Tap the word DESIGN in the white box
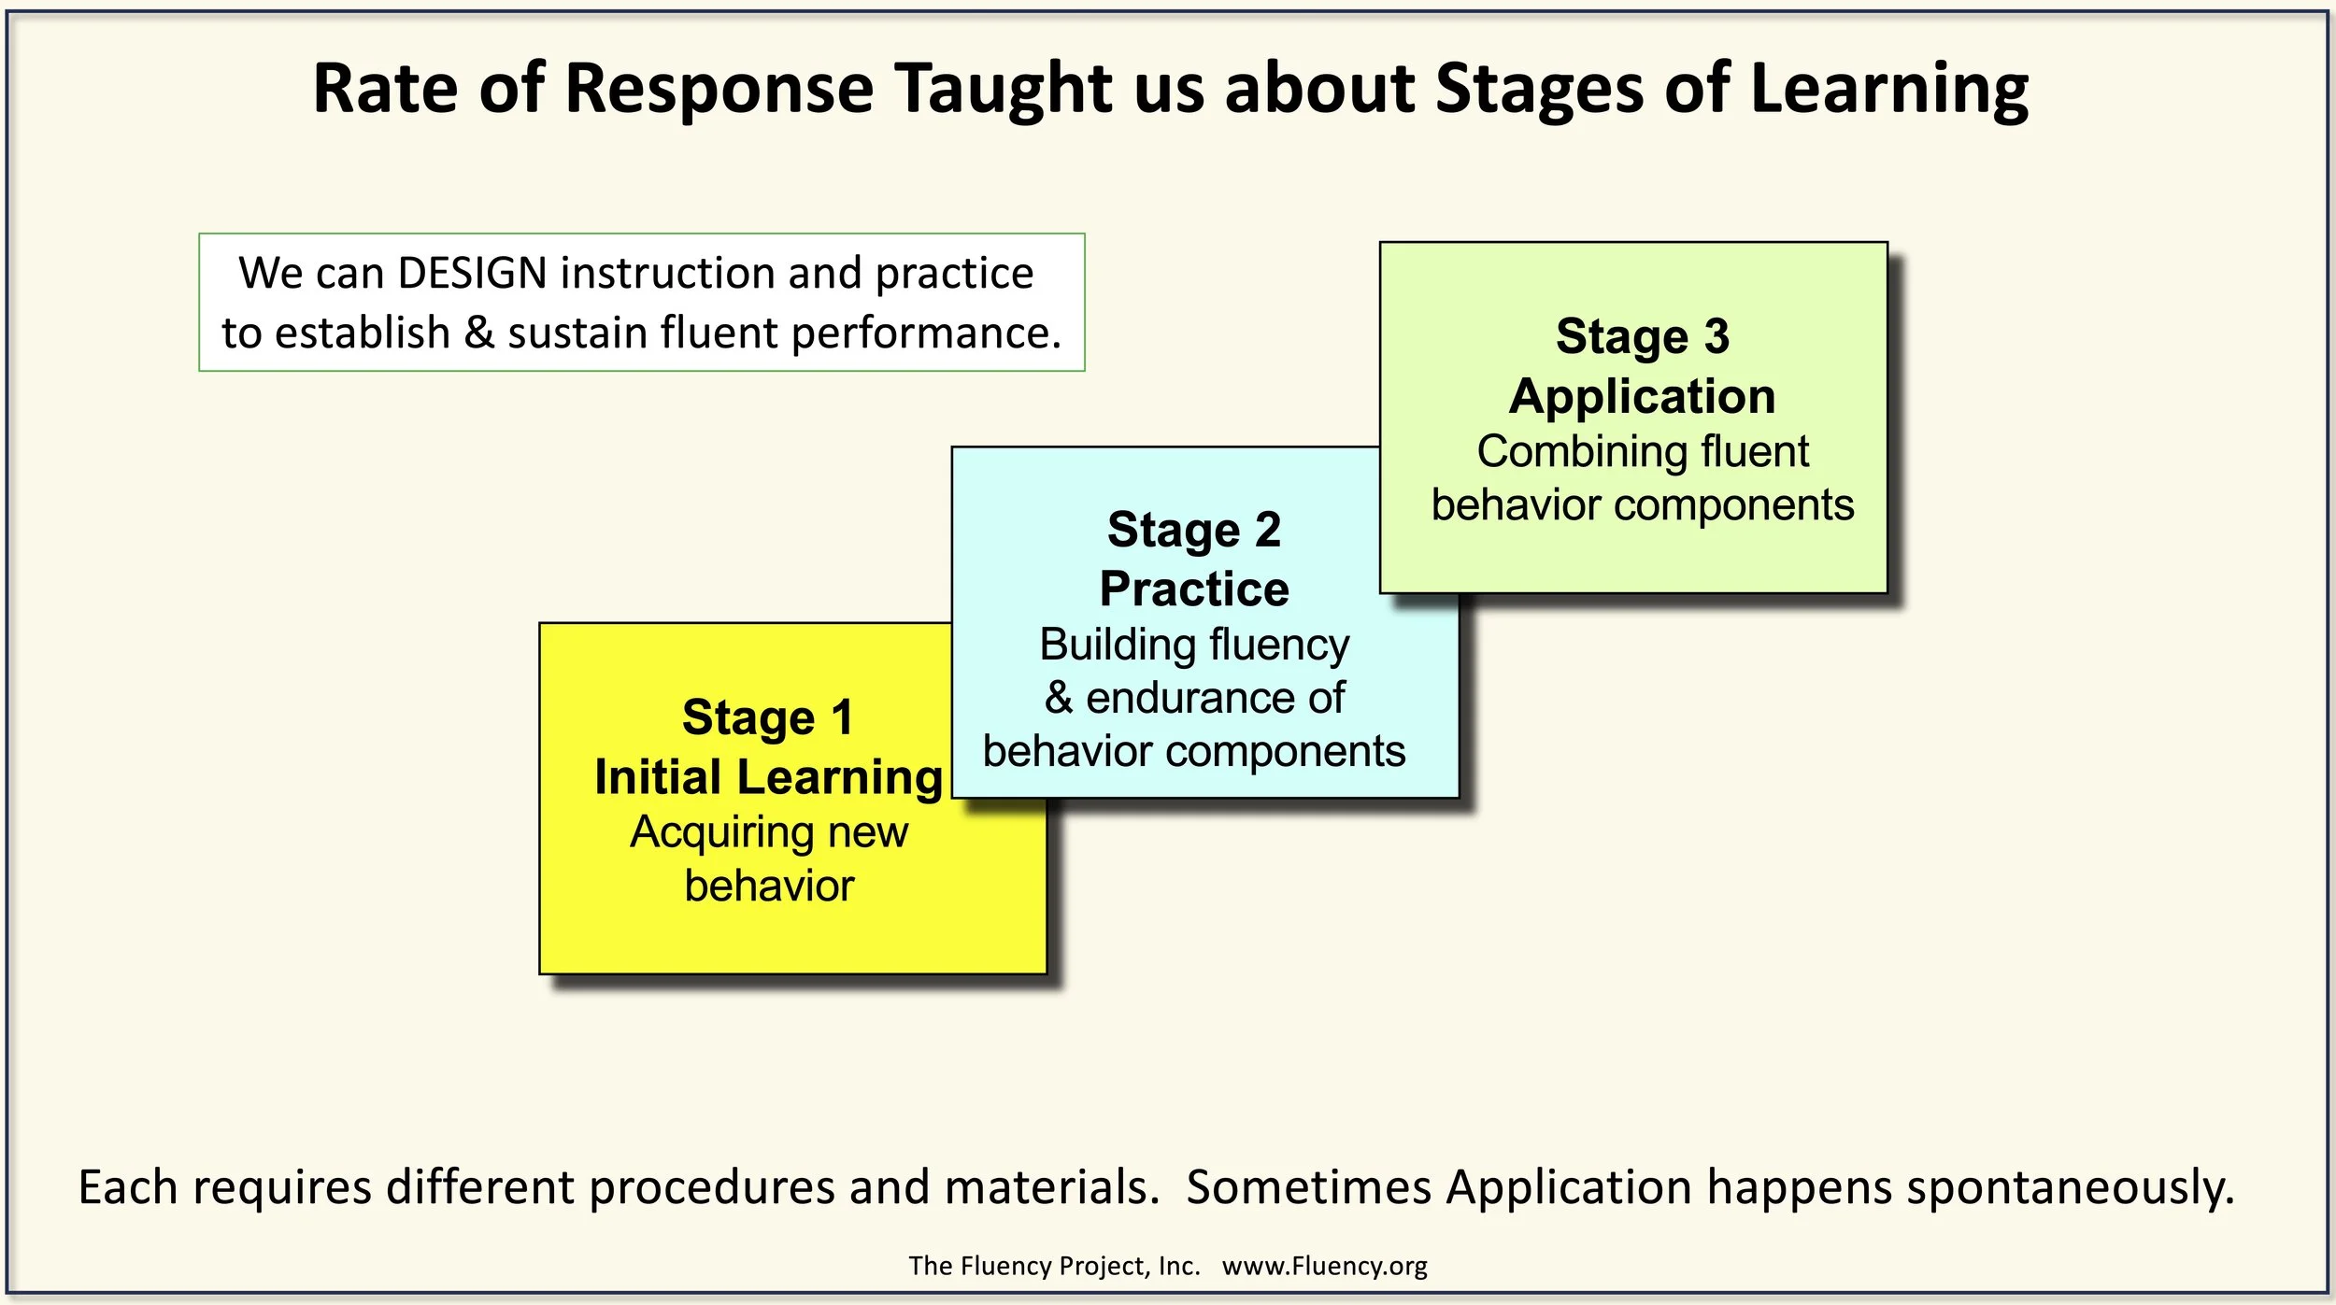472,274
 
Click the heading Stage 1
767,717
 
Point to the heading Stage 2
1193,530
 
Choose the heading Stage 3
1642,336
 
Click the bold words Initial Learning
768,777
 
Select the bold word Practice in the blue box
1193,589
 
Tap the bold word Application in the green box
1642,396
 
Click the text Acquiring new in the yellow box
768,831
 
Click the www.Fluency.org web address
1324,1266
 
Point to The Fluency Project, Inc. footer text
1053,1266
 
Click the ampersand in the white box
478,333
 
